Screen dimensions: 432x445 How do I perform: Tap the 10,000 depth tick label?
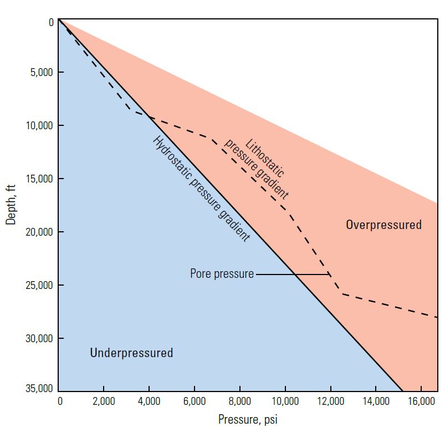[39, 125]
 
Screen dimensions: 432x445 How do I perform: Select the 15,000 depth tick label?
[39, 179]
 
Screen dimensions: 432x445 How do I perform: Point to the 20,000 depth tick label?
[39, 232]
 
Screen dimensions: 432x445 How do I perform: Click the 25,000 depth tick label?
[39, 285]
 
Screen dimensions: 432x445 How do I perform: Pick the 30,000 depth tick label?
[39, 338]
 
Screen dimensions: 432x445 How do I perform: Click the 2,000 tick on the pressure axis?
[104, 400]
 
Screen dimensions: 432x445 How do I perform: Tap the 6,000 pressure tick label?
[195, 400]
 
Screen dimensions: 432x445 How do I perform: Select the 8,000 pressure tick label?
[240, 400]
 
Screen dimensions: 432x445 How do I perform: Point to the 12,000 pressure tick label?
[330, 400]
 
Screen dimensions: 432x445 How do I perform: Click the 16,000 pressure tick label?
[421, 400]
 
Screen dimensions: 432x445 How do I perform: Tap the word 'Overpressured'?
[383, 225]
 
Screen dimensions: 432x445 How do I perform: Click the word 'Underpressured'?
[131, 353]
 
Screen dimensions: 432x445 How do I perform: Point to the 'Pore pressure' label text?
[222, 274]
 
